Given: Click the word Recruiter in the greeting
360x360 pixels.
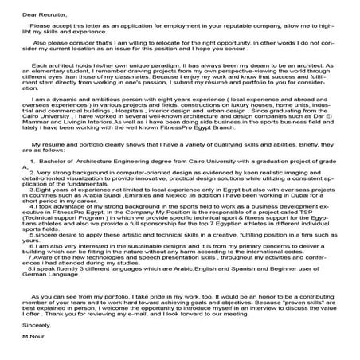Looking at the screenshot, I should point(39,14).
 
